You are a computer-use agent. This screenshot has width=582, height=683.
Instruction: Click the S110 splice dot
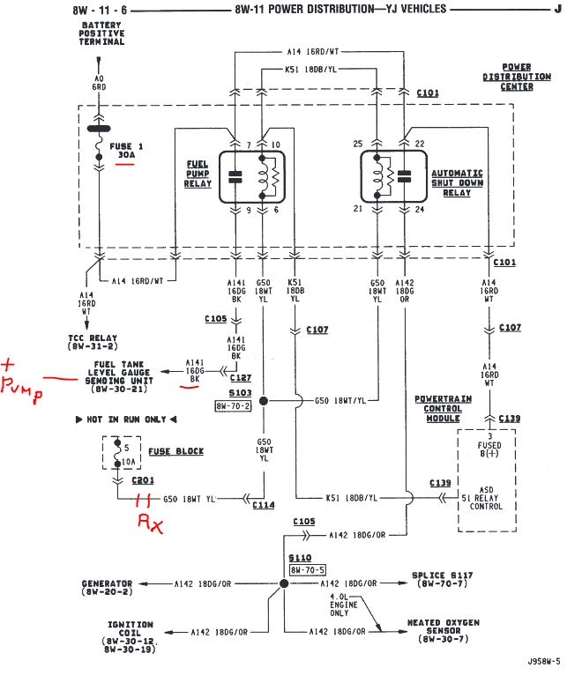(x=284, y=583)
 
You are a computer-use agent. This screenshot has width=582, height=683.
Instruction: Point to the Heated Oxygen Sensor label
(x=443, y=627)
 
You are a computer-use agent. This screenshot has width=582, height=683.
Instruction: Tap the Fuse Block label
(x=175, y=451)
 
